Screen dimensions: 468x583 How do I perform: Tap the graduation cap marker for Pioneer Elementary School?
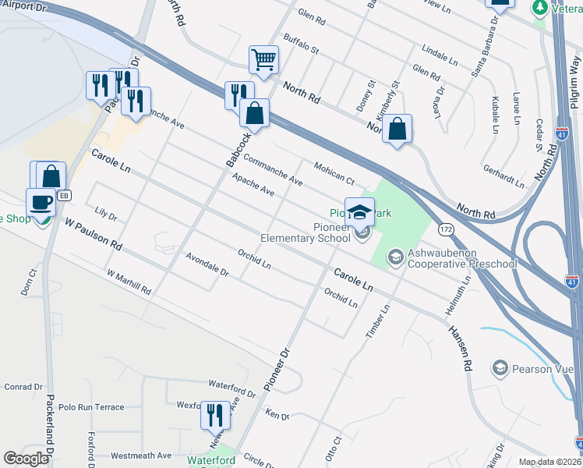tap(359, 211)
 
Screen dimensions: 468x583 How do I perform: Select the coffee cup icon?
tap(41, 202)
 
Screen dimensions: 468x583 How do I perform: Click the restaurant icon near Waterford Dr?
tap(215, 414)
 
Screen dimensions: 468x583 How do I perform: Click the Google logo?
tap(26, 459)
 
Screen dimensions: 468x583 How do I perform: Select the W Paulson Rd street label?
tap(94, 234)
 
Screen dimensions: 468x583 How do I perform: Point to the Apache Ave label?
tap(253, 184)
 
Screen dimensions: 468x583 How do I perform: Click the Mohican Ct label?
tap(334, 172)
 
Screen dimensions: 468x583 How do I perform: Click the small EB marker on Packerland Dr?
tap(64, 194)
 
